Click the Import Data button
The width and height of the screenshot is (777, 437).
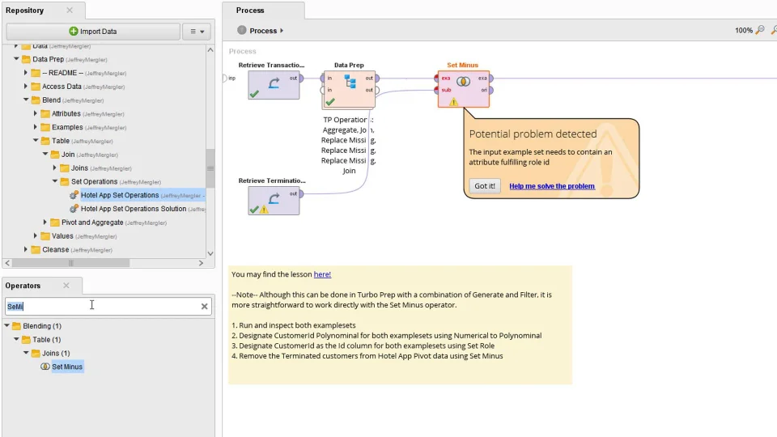[x=92, y=32]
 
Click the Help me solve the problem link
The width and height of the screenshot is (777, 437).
[x=551, y=186]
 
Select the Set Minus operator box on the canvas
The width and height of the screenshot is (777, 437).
[x=463, y=88]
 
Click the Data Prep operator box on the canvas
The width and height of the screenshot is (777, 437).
[x=349, y=89]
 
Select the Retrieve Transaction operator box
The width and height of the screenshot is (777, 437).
[x=273, y=85]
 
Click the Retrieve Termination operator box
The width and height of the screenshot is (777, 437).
[x=273, y=200]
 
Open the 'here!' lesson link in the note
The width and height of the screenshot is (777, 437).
[x=322, y=274]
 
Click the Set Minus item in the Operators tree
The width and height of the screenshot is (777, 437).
[x=66, y=367]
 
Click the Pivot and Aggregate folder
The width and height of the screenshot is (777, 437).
[x=92, y=223]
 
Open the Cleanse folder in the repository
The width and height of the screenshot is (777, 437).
[x=55, y=250]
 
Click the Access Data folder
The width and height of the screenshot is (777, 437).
[x=62, y=87]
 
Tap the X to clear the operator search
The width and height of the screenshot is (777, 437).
[x=205, y=306]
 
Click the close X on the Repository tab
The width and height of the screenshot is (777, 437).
[x=70, y=11]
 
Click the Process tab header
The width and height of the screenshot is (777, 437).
[x=250, y=11]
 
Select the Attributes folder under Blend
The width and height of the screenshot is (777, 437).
[x=66, y=114]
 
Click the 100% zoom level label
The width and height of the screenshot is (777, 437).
[x=743, y=31]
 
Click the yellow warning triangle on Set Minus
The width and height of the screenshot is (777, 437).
[x=453, y=102]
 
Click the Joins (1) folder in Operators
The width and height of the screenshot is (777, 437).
[x=55, y=354]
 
